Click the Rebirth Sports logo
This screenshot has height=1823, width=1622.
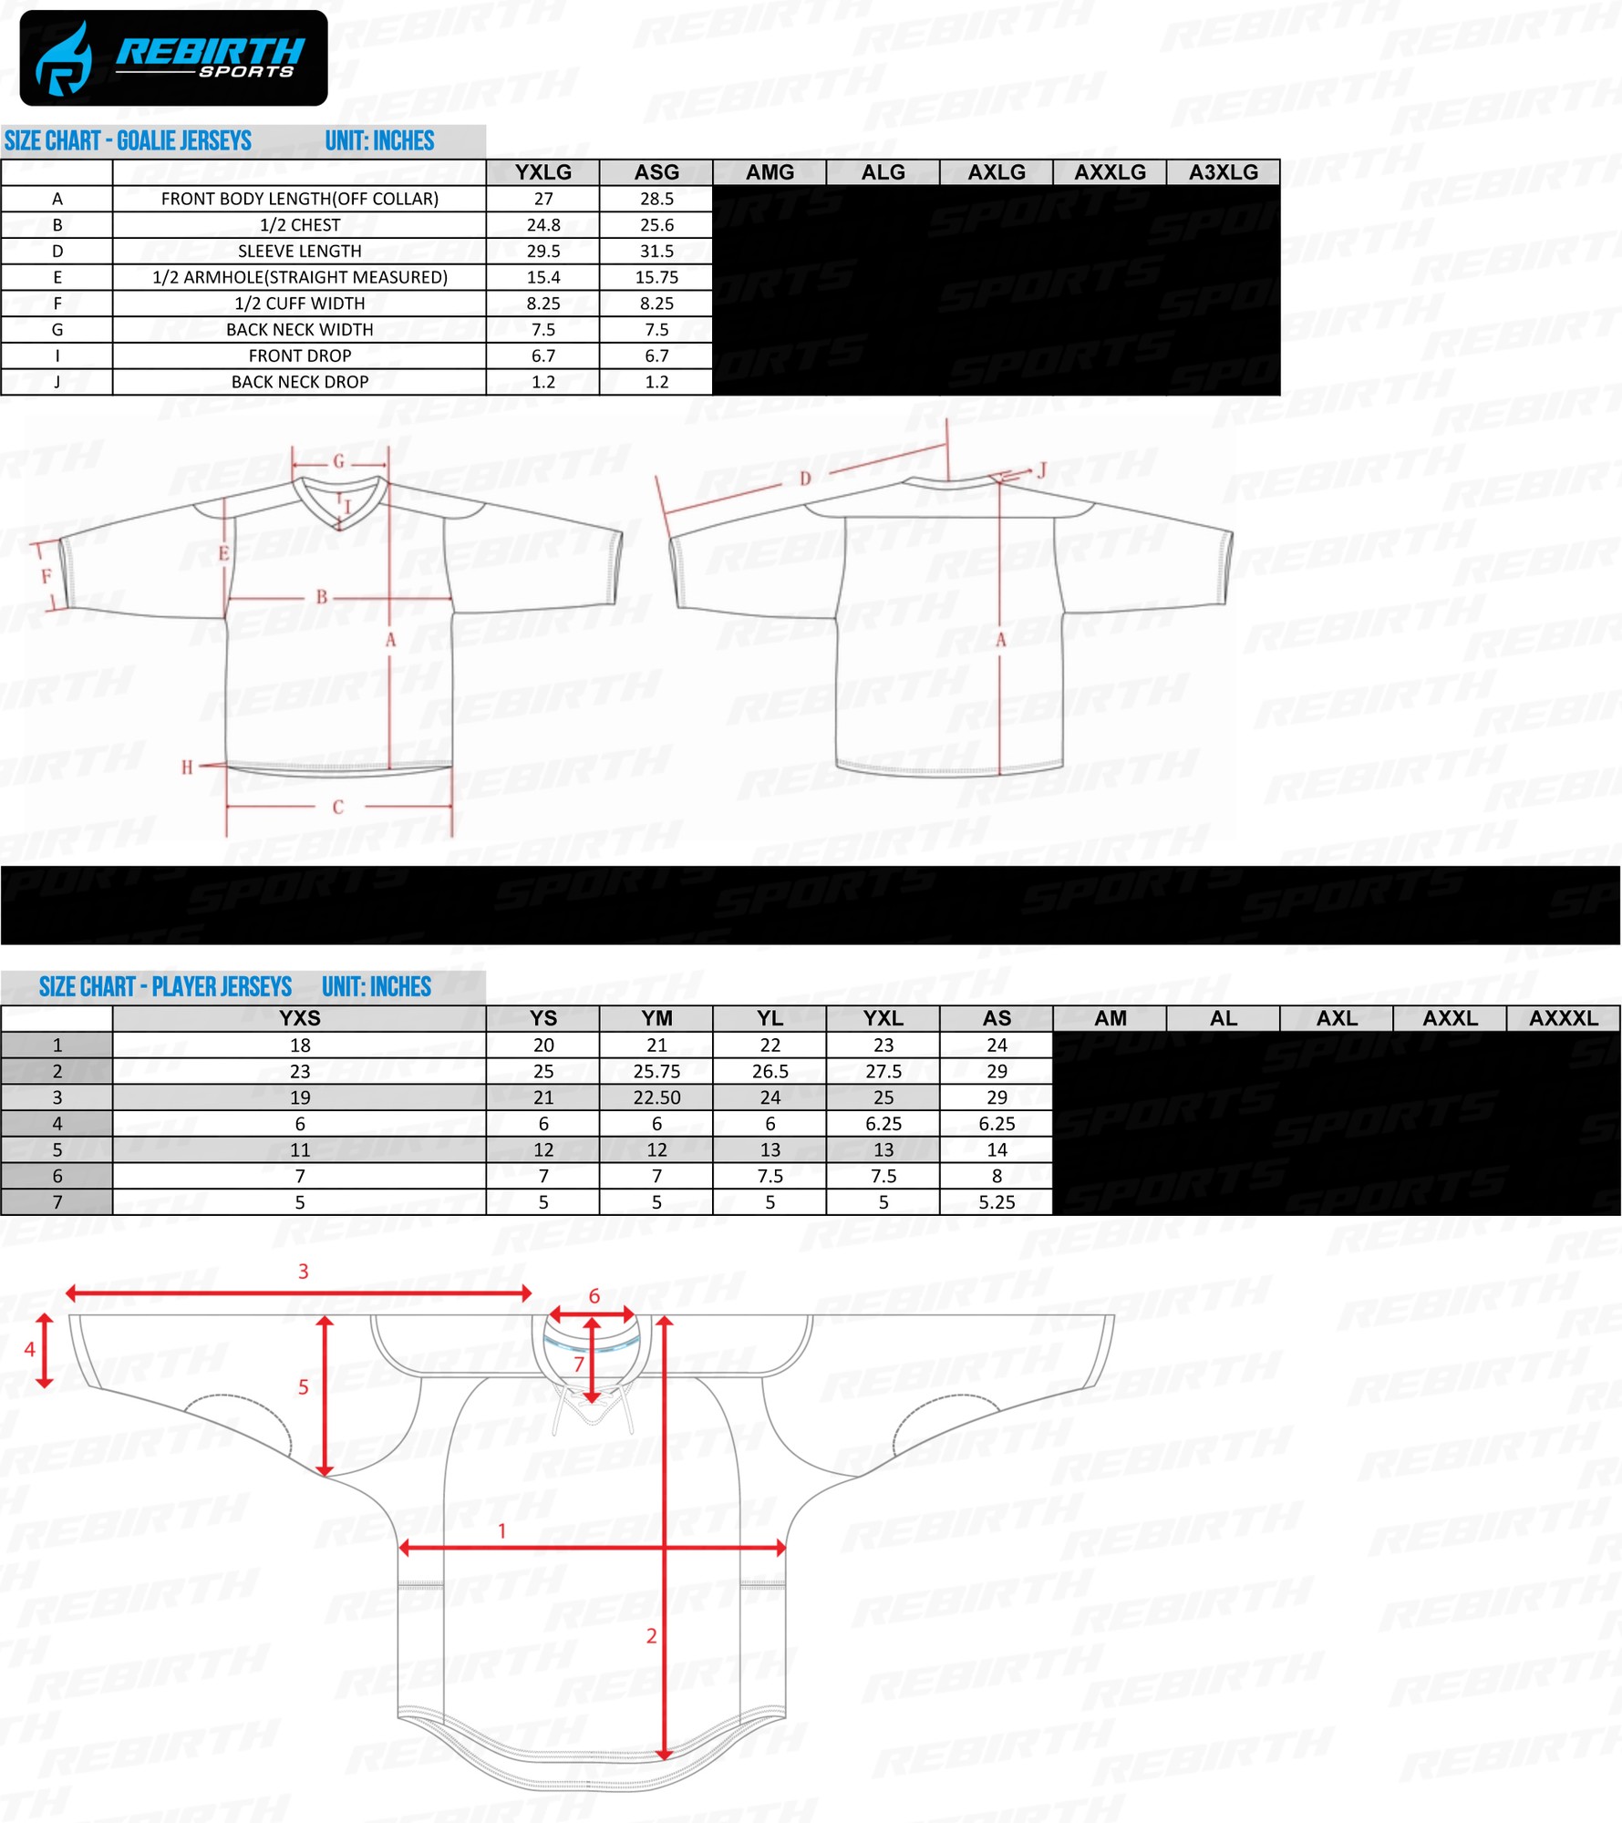pos(173,58)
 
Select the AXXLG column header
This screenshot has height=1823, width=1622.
pos(1110,172)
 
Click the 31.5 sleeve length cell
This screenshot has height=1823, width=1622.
pos(656,251)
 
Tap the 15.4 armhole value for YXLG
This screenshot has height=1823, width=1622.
pos(543,277)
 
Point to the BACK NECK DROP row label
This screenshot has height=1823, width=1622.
pos(300,382)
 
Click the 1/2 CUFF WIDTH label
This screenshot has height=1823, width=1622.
pos(300,304)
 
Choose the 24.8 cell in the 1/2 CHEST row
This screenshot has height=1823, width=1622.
pos(543,225)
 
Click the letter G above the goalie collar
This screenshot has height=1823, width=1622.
pos(338,461)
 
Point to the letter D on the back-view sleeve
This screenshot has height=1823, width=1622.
pos(805,479)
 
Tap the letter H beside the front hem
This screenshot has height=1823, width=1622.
pos(187,767)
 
